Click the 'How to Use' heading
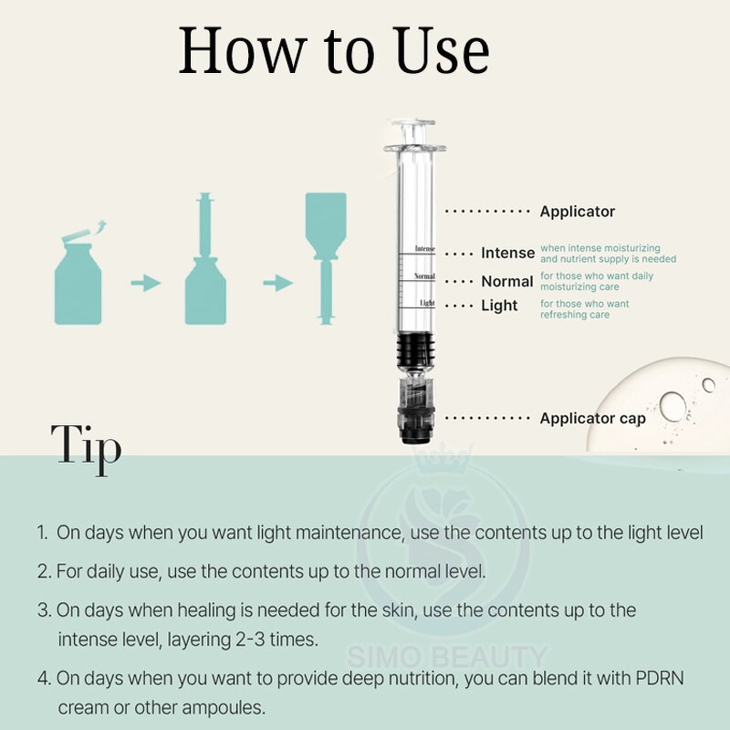click(334, 53)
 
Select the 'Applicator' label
click(577, 212)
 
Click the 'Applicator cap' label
click(592, 419)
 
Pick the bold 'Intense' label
click(507, 253)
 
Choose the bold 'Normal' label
click(506, 282)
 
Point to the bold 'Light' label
click(499, 306)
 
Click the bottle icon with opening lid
click(78, 274)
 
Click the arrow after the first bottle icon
click(145, 284)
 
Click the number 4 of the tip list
click(43, 678)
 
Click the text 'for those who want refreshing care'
click(585, 309)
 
